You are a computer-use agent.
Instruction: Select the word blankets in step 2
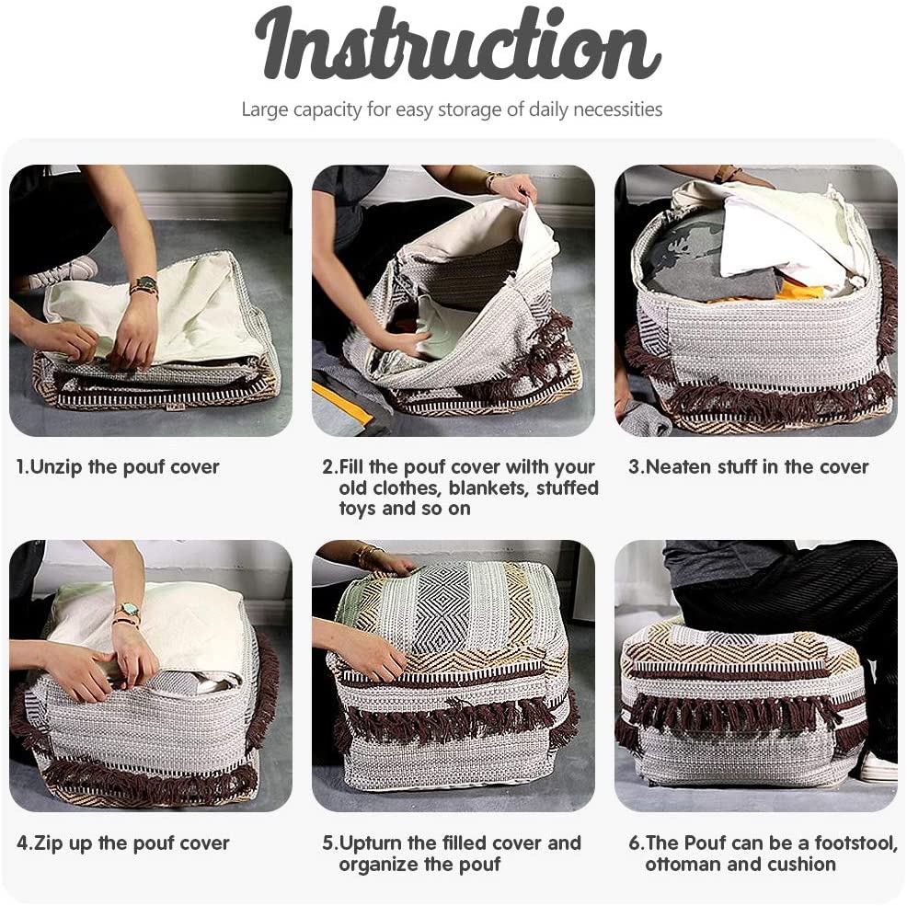click(x=488, y=488)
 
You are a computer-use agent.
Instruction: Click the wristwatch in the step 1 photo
click(x=144, y=284)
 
